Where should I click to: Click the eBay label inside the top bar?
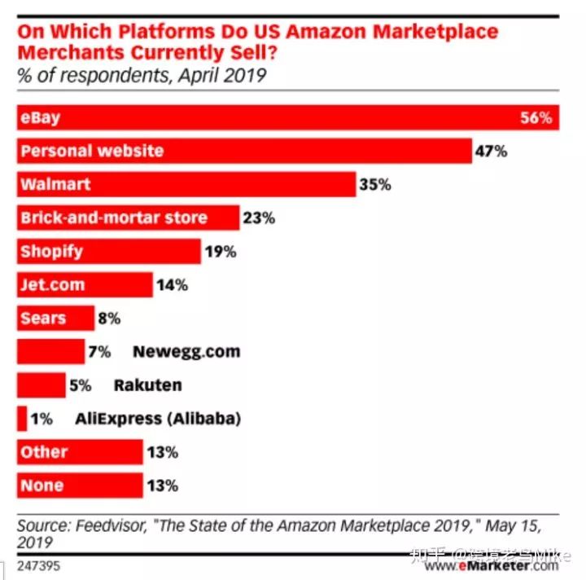point(41,118)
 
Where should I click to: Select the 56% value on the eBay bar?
point(536,118)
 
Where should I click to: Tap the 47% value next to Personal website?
point(492,152)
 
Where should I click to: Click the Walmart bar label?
point(55,185)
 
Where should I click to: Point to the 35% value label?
point(375,185)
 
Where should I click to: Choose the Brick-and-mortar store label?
point(114,218)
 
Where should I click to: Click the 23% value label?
point(259,218)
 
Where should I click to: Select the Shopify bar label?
point(52,252)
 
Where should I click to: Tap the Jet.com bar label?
point(53,285)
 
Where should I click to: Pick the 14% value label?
point(172,285)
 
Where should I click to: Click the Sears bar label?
point(43,319)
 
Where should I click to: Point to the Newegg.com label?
point(186,352)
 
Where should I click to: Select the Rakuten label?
point(147,385)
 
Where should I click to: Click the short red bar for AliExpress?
point(22,419)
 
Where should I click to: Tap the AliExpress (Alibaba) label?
point(158,419)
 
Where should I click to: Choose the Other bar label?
point(44,452)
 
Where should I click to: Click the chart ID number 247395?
point(38,564)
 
